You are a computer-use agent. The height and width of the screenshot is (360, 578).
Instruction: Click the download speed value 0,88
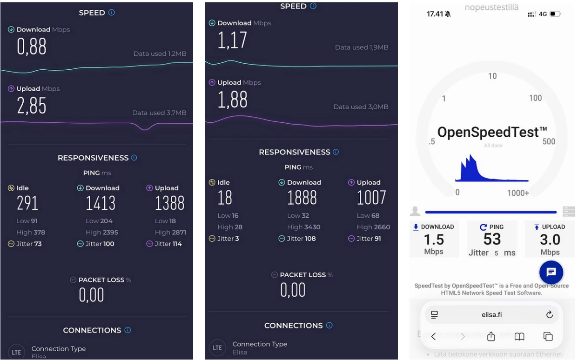32,47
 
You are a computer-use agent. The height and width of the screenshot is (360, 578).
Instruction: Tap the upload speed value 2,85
32,106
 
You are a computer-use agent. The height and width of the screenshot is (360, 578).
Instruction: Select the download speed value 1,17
233,40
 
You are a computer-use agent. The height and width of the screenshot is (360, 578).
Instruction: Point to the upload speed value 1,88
233,100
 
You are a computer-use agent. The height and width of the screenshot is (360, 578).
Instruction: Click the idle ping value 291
27,203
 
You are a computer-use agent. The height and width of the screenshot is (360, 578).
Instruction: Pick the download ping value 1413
101,203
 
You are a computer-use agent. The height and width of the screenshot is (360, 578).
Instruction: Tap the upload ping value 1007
371,198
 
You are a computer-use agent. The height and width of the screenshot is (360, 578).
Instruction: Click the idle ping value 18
225,198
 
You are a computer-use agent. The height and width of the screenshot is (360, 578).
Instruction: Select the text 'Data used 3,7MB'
159,113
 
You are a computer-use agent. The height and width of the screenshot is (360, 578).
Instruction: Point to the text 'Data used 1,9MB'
362,47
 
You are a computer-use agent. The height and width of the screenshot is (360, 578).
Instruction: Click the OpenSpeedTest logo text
492,132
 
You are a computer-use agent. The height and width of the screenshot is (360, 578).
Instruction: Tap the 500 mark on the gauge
549,141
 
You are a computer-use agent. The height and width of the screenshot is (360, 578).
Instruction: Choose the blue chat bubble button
551,272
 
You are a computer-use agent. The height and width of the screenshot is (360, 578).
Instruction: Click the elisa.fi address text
491,315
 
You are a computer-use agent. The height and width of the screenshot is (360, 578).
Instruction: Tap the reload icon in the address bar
549,315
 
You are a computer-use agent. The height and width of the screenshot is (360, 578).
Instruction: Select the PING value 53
492,239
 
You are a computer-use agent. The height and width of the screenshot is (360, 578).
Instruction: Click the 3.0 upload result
550,240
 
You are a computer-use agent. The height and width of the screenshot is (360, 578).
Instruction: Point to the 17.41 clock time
435,14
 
